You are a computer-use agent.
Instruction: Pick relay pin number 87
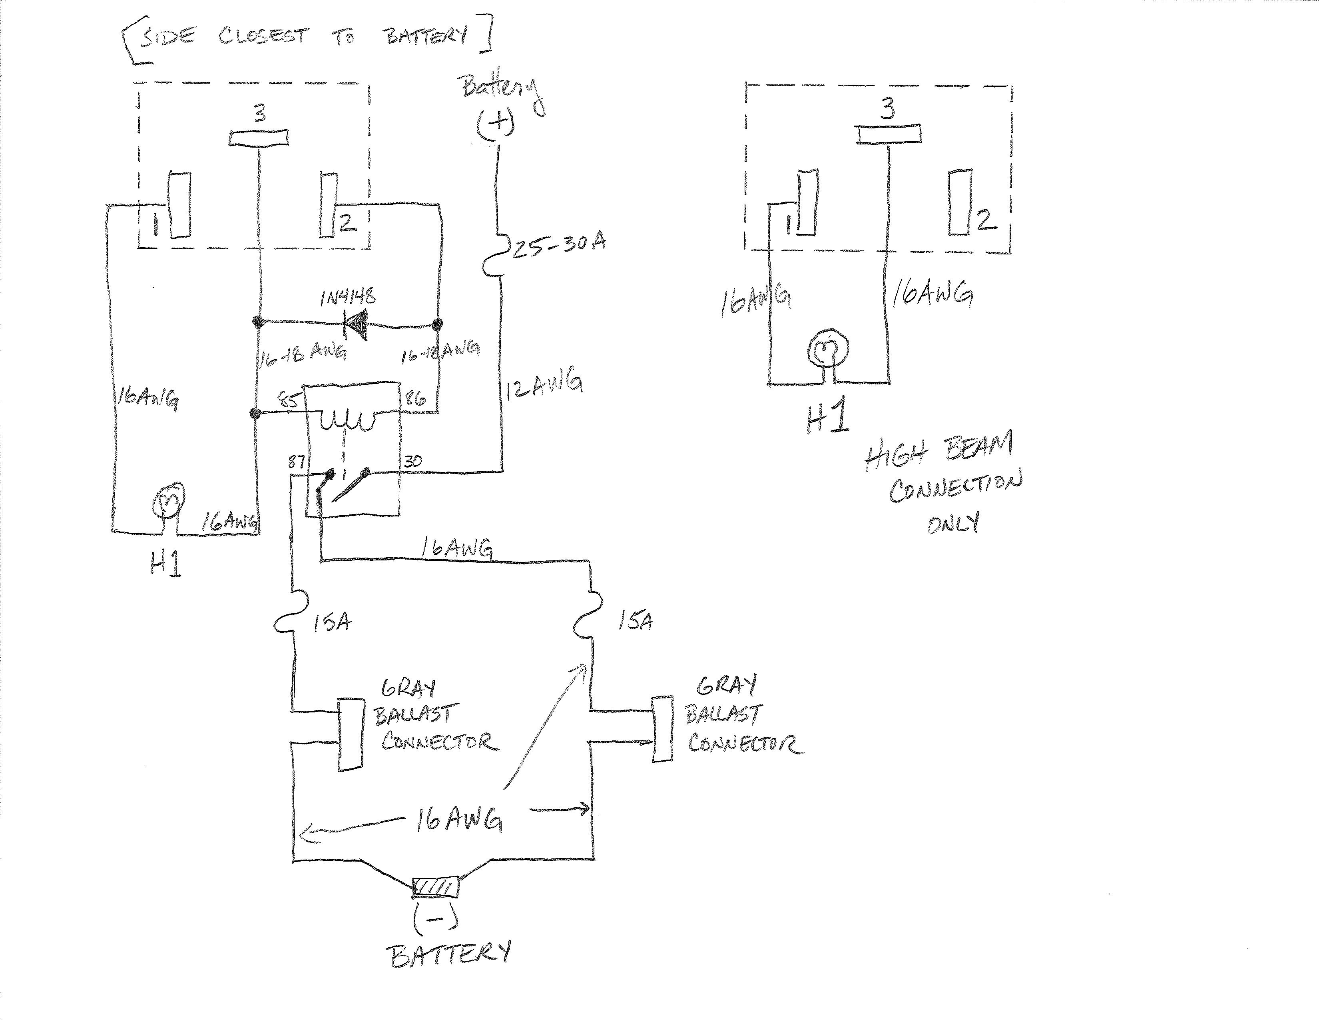(x=296, y=462)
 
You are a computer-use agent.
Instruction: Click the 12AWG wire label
(x=544, y=388)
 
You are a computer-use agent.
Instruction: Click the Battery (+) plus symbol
(x=495, y=124)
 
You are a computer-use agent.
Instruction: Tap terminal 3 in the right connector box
(x=889, y=134)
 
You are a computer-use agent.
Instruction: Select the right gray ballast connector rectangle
(x=663, y=729)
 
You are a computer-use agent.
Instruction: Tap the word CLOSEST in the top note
(x=263, y=36)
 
